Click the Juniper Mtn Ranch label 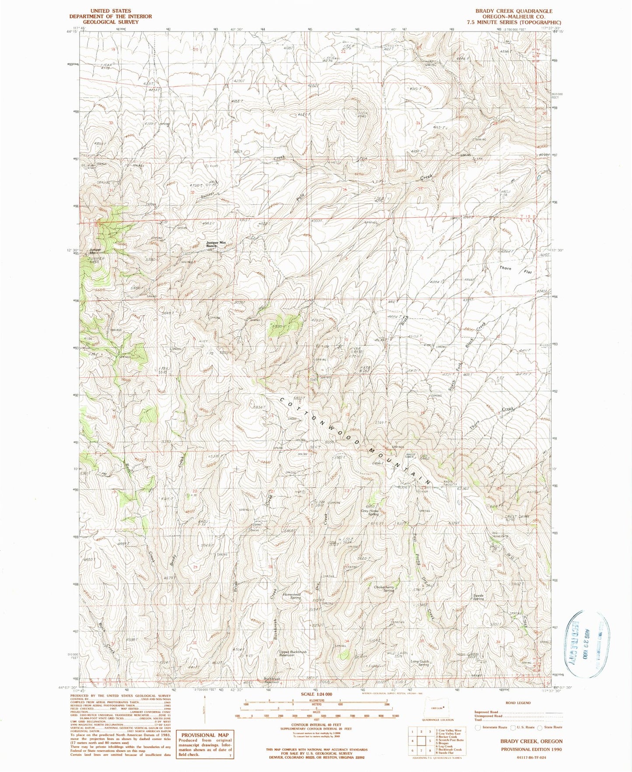point(216,244)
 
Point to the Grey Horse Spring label point(370,512)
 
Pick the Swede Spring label point(478,597)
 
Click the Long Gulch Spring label point(419,663)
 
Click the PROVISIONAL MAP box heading point(205,735)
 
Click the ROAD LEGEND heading point(517,703)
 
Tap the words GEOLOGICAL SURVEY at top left point(111,22)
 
